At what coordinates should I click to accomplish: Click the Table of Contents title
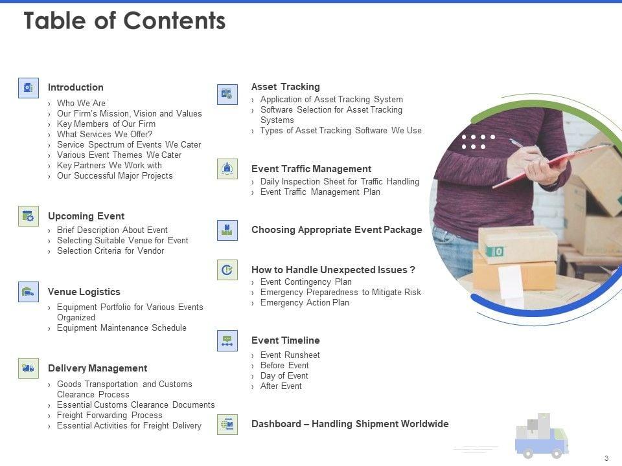(x=124, y=21)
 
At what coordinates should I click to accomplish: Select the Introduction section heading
(x=76, y=87)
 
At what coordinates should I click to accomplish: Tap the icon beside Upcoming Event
(x=29, y=216)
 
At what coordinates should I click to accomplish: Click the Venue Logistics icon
(x=29, y=292)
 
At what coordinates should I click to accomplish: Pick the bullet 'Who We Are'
(x=82, y=103)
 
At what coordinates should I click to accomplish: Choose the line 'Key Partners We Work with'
(x=109, y=165)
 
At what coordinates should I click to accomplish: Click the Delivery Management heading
(x=98, y=368)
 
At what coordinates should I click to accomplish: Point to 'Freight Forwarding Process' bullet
(x=110, y=415)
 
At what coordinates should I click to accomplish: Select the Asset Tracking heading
(x=286, y=86)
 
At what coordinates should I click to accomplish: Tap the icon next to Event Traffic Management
(x=227, y=169)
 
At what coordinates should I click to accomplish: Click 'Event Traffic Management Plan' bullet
(x=320, y=192)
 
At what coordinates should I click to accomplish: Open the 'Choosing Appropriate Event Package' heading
(x=337, y=230)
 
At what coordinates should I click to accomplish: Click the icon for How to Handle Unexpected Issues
(x=227, y=270)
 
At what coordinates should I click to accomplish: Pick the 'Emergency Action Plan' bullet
(x=305, y=302)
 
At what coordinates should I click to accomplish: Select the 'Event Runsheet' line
(x=290, y=355)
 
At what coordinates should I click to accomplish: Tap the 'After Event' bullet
(x=281, y=386)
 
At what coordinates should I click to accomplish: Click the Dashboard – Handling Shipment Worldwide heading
(x=351, y=423)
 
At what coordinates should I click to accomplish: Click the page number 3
(x=606, y=458)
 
